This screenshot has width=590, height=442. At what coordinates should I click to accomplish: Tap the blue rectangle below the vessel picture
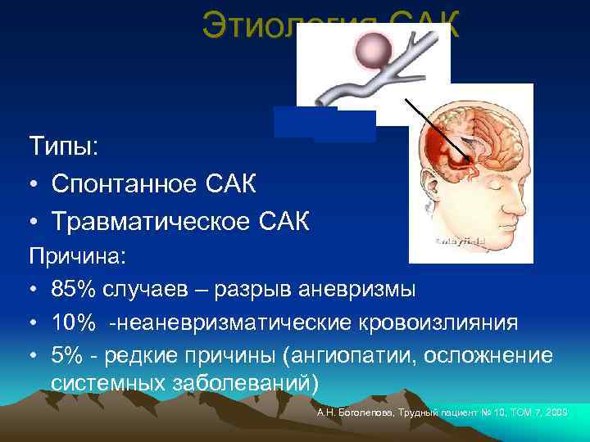click(324, 124)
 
